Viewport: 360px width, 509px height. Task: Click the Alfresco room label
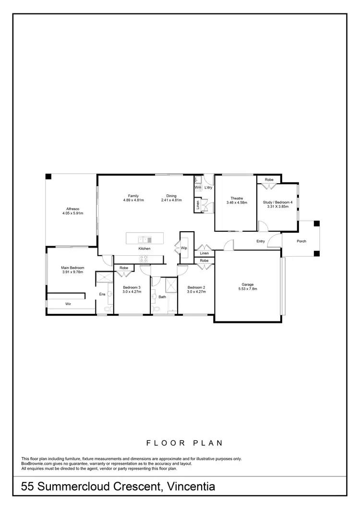coord(72,209)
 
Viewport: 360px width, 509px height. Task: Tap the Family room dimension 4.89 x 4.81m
coord(133,200)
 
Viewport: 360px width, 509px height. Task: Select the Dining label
coord(171,196)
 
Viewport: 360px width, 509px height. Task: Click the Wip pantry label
coord(184,248)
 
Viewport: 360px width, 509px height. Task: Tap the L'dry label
coord(208,187)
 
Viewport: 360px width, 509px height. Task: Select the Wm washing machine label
coord(197,187)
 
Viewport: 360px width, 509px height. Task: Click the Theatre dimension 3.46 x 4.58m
coord(236,203)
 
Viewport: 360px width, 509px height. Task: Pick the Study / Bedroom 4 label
coord(277,202)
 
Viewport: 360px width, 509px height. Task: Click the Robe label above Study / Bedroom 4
coord(269,179)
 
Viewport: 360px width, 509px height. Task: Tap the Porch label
coord(301,241)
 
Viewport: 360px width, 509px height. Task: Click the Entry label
coord(261,241)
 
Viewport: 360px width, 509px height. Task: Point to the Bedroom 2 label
coord(196,287)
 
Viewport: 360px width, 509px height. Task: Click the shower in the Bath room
coord(170,287)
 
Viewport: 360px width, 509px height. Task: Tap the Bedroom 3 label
coord(130,287)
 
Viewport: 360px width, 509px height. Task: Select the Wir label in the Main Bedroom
coord(68,304)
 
